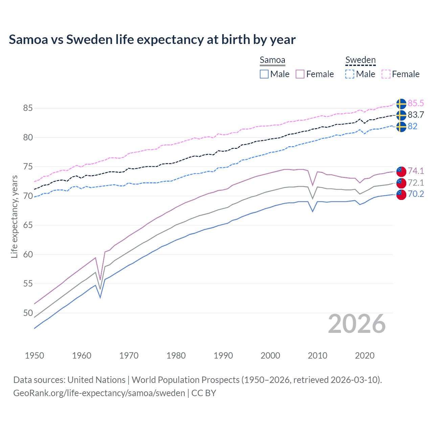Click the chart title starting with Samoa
pyautogui.click(x=152, y=40)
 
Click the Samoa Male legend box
pyautogui.click(x=264, y=74)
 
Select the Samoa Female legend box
pyautogui.click(x=300, y=74)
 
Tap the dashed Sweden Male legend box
pyautogui.click(x=350, y=74)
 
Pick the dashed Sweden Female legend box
pyautogui.click(x=386, y=74)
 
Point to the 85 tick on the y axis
pyautogui.click(x=28, y=108)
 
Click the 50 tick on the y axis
pyautogui.click(x=28, y=313)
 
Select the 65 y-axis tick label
pyautogui.click(x=28, y=225)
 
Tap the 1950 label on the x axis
pyautogui.click(x=35, y=356)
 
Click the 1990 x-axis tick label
pyautogui.click(x=223, y=356)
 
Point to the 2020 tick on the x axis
pyautogui.click(x=365, y=356)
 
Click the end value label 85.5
pyautogui.click(x=416, y=104)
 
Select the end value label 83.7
pyautogui.click(x=416, y=115)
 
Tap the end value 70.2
pyautogui.click(x=416, y=194)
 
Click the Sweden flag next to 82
pyautogui.click(x=401, y=127)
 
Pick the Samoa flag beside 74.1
pyautogui.click(x=401, y=172)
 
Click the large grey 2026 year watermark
pyautogui.click(x=357, y=324)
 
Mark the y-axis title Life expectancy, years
pyautogui.click(x=14, y=216)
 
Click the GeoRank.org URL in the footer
pyautogui.click(x=99, y=393)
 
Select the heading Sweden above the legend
pyautogui.click(x=360, y=60)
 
